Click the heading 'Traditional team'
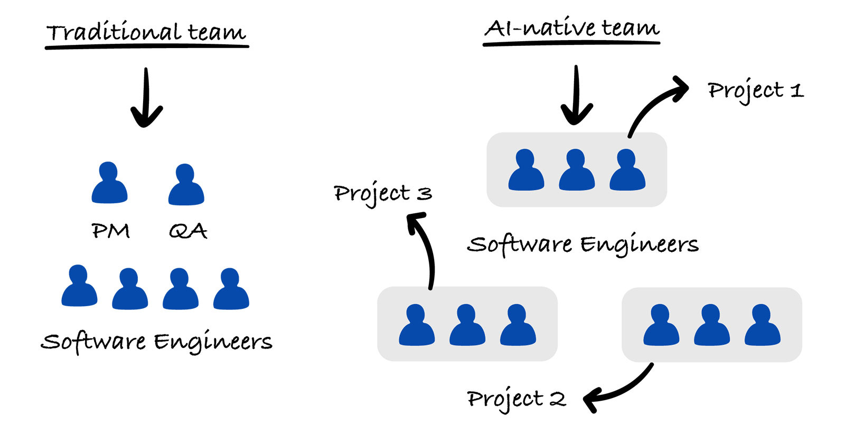[146, 33]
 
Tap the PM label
[110, 231]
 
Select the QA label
[187, 231]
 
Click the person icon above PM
[109, 183]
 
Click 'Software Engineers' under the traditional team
[157, 342]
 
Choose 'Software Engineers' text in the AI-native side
[583, 244]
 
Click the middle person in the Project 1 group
[577, 170]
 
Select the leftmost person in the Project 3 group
[417, 325]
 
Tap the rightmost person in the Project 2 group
[762, 325]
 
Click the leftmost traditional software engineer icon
[79, 286]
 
